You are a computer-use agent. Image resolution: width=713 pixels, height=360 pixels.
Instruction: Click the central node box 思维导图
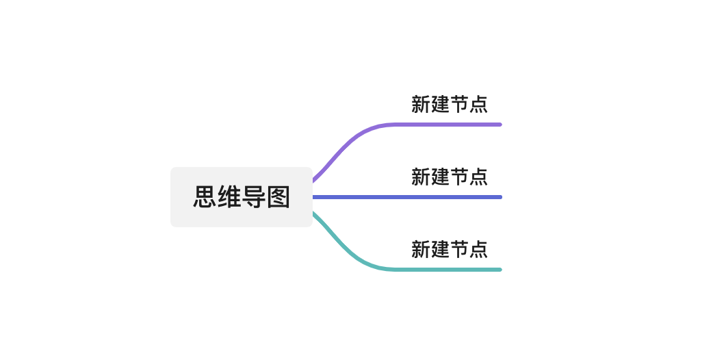242,197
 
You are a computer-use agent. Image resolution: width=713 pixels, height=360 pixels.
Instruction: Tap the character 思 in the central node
205,197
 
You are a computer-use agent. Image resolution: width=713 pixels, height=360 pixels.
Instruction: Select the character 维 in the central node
229,197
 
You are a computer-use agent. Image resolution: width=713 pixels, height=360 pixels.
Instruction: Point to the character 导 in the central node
254,197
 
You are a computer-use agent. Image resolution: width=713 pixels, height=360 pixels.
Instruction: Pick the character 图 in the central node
278,197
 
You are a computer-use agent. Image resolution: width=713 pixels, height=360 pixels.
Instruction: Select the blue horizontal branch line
407,197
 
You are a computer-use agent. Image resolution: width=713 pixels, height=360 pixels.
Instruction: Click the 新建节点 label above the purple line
450,104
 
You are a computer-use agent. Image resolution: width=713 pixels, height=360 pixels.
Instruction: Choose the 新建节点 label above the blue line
450,177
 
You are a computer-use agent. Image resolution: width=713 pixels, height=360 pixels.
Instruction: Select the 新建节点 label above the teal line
450,249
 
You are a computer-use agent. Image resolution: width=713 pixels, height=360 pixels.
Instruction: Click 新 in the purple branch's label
421,104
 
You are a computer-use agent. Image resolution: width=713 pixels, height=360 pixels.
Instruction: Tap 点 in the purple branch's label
478,104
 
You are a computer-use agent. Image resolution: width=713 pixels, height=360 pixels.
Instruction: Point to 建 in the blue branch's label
440,177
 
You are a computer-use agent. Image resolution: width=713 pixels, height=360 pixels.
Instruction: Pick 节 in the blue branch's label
459,177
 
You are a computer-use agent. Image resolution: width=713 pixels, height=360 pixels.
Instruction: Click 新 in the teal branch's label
421,249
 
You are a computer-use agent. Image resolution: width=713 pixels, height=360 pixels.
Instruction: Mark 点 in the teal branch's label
478,249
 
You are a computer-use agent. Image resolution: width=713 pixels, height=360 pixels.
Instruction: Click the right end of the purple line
501,125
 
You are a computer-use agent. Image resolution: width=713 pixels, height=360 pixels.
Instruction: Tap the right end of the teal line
501,270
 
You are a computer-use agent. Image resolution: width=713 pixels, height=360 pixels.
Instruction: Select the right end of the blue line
501,197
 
